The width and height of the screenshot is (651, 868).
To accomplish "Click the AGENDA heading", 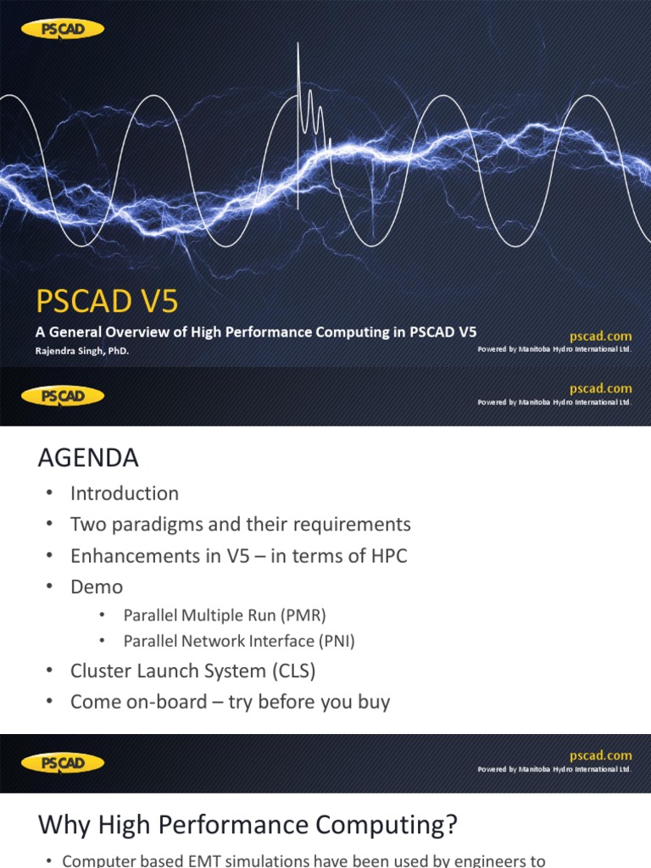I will (87, 459).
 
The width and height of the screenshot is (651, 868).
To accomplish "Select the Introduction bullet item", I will (125, 493).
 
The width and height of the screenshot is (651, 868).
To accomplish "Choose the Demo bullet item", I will (97, 587).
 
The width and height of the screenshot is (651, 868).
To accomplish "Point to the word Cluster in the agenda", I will (99, 671).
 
